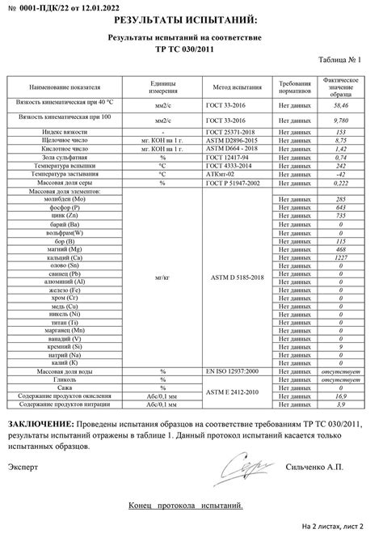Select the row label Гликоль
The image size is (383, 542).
(64, 379)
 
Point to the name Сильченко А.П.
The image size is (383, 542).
(315, 467)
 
